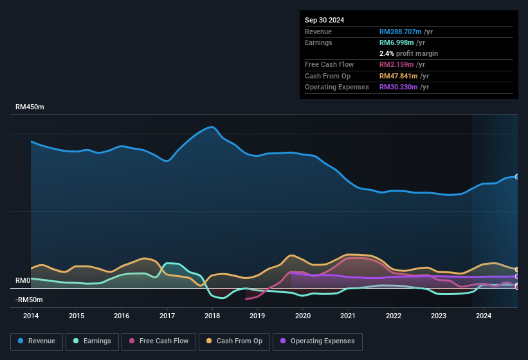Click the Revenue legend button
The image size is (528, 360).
tap(37, 341)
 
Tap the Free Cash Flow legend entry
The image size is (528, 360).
tap(159, 341)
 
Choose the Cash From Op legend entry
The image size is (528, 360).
tap(235, 341)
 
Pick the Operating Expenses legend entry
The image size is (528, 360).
tap(318, 341)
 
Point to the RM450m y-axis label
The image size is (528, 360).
tap(30, 107)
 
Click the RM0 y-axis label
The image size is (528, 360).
tap(23, 281)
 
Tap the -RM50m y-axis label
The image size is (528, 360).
tap(29, 300)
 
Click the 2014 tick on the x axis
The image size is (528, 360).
tap(31, 316)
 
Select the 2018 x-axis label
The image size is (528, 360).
tap(212, 316)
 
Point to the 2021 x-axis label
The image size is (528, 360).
tap(348, 316)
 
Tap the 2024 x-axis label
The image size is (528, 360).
tap(484, 316)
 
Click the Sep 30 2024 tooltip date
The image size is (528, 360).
tap(325, 20)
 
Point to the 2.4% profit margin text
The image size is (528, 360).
tap(408, 53)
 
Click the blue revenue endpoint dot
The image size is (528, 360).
tap(516, 176)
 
